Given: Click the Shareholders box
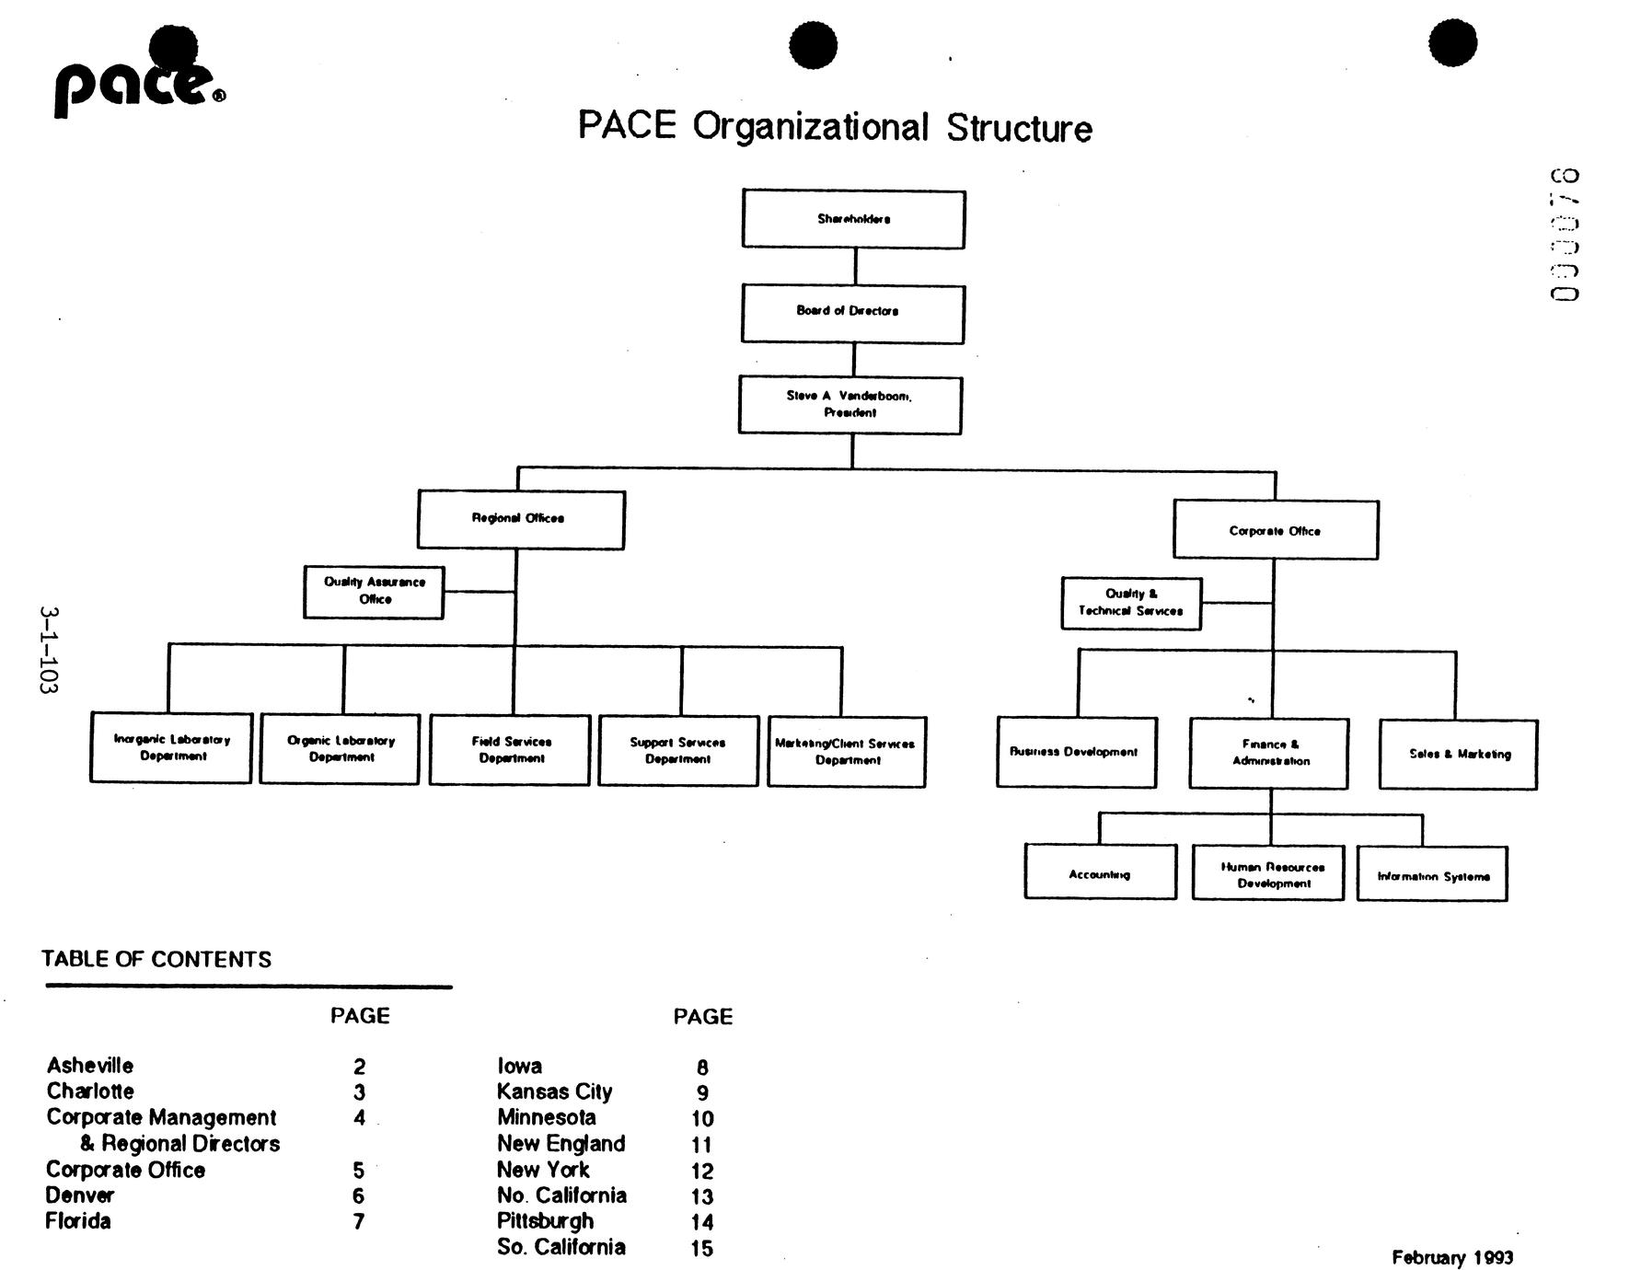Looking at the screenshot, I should [x=853, y=219].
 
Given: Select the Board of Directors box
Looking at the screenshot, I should [x=852, y=314].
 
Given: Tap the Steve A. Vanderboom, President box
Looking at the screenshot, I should [x=849, y=405].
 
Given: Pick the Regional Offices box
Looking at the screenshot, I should [x=520, y=519].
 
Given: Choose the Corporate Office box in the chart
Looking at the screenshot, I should [x=1275, y=530].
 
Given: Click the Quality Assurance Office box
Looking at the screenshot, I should [x=374, y=592].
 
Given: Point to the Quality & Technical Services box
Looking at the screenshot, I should [x=1130, y=603].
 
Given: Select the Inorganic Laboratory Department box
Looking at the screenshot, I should [x=171, y=747].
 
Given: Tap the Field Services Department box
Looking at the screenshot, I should [x=510, y=750].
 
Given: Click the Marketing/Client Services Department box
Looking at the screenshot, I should [x=847, y=752].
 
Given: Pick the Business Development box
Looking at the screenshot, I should [x=1076, y=752].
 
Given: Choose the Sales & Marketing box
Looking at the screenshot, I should [x=1458, y=754].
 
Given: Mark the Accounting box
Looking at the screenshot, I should [x=1100, y=872].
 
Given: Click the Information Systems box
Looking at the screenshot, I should [x=1432, y=874].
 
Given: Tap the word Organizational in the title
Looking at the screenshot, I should [x=810, y=127].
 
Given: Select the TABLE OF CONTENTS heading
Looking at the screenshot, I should [x=156, y=959].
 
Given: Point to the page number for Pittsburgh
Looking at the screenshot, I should [x=701, y=1222].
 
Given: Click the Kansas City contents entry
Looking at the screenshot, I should [x=554, y=1091].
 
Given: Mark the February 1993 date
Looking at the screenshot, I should [x=1451, y=1257].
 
